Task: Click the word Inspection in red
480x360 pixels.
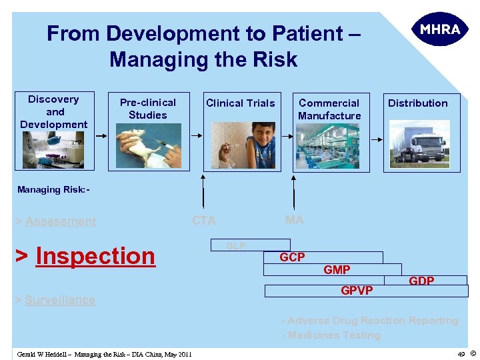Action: pyautogui.click(x=95, y=256)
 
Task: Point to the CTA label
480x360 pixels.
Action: pyautogui.click(x=204, y=221)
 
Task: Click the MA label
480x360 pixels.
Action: pyautogui.click(x=294, y=220)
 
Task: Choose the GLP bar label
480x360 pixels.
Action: pyautogui.click(x=235, y=246)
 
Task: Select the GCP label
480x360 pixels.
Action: pyautogui.click(x=292, y=257)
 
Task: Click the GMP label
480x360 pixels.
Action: pyautogui.click(x=337, y=269)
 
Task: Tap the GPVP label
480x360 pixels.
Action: pyautogui.click(x=357, y=291)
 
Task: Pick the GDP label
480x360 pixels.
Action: pyautogui.click(x=421, y=281)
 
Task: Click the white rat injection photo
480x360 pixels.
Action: pyautogui.click(x=148, y=147)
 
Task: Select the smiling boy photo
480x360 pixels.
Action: pyautogui.click(x=240, y=145)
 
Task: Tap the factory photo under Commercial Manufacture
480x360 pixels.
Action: pyautogui.click(x=329, y=146)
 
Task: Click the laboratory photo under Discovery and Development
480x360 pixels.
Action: pyautogui.click(x=53, y=149)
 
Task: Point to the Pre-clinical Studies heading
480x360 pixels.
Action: pyautogui.click(x=148, y=109)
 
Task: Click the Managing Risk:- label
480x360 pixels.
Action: pyautogui.click(x=53, y=190)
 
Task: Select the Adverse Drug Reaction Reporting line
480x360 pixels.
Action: pyautogui.click(x=370, y=321)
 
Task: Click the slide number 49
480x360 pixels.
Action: pyautogui.click(x=461, y=354)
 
